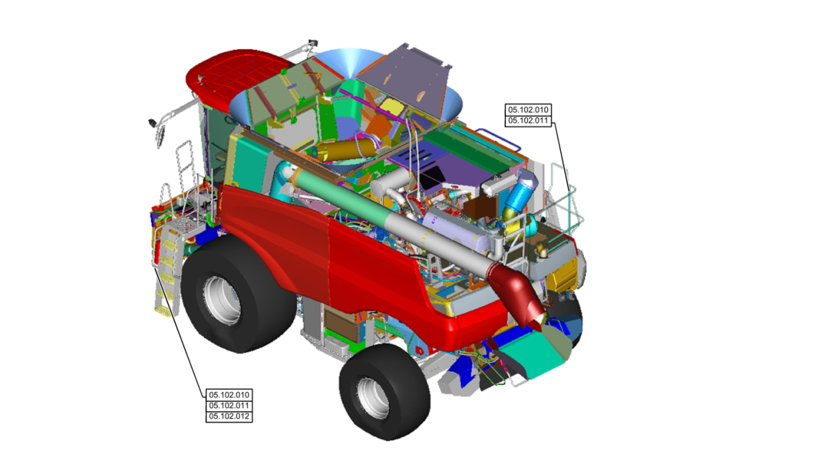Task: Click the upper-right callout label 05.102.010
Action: (528, 110)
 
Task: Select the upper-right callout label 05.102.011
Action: (528, 121)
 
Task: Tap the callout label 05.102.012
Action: (229, 417)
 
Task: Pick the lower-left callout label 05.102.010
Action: (229, 395)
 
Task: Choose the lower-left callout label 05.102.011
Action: (229, 406)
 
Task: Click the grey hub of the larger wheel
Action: (222, 300)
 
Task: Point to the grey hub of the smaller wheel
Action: (373, 397)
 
